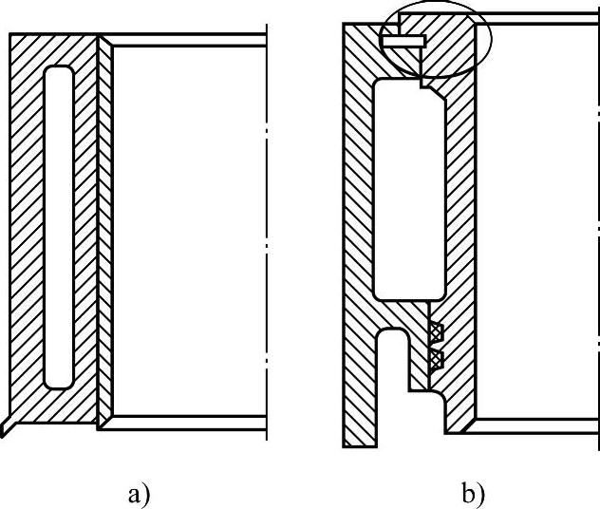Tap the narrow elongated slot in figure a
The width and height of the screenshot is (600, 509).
pos(58,226)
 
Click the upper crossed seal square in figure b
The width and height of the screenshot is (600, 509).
pos(436,332)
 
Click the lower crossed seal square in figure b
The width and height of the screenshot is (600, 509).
pos(436,359)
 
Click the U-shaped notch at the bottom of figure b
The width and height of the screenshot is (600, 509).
pos(394,380)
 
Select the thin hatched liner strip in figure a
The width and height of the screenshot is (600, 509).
pos(105,228)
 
